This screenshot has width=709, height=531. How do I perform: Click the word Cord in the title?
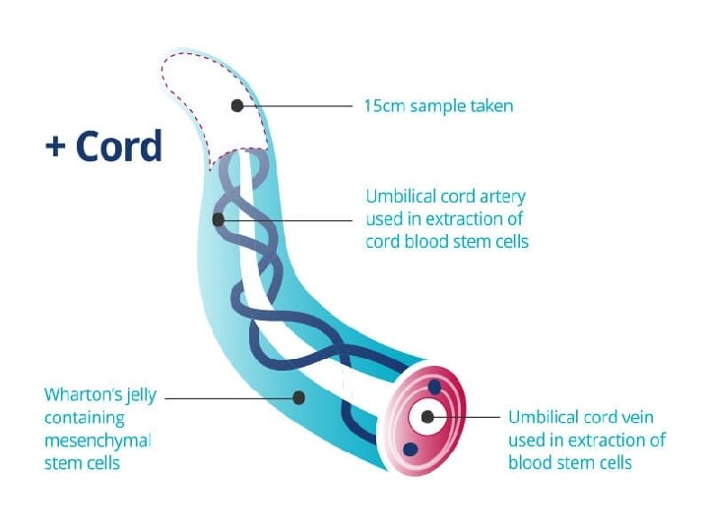118,147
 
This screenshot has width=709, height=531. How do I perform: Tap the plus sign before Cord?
56,147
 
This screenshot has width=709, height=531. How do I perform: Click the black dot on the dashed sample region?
236,104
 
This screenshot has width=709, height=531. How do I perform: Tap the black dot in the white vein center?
426,418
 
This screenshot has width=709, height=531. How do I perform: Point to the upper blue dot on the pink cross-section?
434,387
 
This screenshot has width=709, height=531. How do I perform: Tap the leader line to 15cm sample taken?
295,104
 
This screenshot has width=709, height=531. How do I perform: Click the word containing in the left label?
85,418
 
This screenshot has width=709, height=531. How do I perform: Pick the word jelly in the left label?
142,395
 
